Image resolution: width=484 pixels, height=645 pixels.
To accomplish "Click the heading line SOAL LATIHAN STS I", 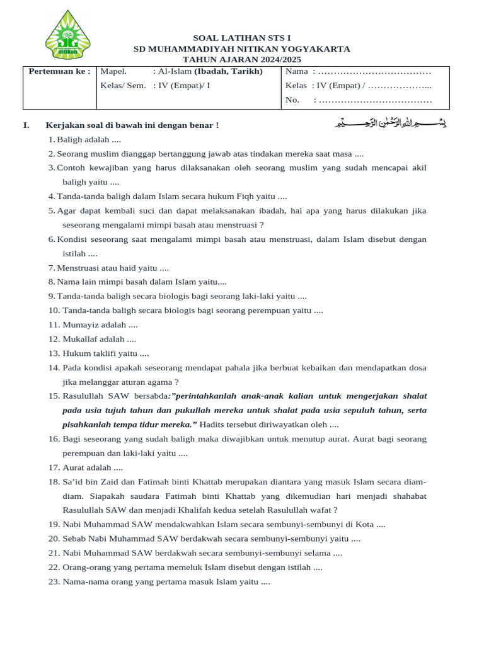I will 241,38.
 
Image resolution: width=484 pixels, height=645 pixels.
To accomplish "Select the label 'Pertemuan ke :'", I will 59,71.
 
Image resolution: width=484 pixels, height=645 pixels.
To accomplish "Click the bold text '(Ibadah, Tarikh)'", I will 228,71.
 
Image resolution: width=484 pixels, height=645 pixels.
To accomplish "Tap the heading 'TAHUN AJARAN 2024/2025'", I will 241,59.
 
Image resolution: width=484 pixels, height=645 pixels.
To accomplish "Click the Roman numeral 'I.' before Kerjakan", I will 26,125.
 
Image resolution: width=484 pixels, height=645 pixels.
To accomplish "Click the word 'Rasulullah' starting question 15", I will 83,396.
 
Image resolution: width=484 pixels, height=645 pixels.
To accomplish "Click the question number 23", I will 54,582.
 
